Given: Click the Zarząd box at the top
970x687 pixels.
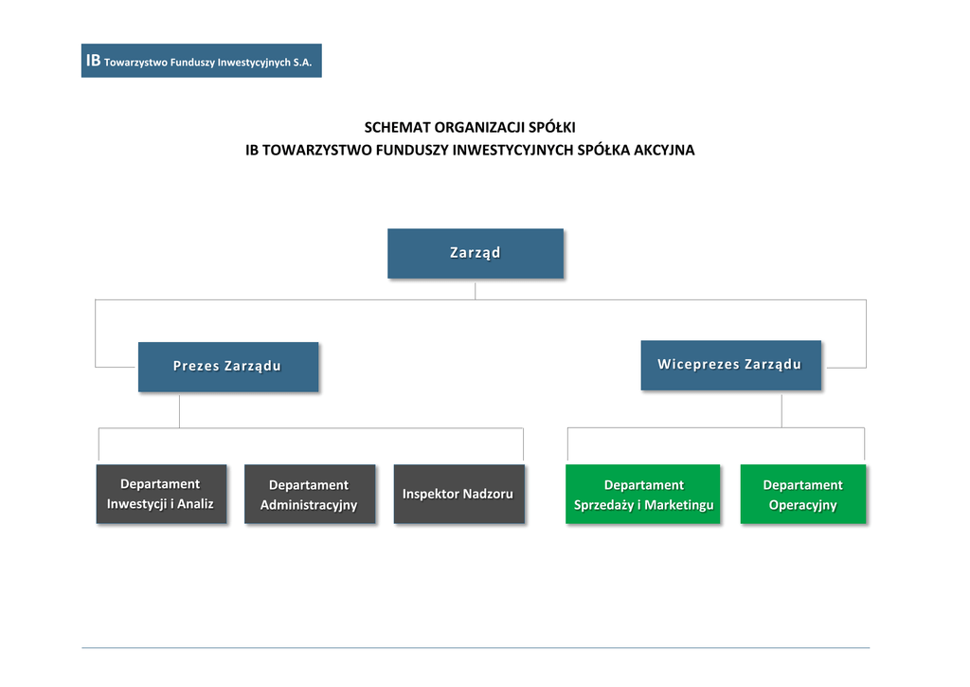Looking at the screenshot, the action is point(476,253).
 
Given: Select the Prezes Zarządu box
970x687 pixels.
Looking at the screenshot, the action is point(228,367).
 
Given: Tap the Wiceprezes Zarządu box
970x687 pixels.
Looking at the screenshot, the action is point(730,365).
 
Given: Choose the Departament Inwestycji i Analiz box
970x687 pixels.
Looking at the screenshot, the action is point(161,494).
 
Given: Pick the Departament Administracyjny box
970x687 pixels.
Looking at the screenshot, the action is point(310,494).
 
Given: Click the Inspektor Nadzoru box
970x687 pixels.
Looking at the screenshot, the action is point(459,494).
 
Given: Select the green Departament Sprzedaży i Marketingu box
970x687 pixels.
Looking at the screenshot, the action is point(643,494).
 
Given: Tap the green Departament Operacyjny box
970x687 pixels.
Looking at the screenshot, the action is point(803,494).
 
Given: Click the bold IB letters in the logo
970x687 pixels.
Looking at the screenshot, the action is point(94,61).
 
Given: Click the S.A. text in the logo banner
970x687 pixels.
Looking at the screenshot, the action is point(302,63).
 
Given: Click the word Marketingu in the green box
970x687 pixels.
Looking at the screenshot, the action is point(678,505).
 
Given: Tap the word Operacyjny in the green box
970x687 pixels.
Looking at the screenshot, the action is point(803,505).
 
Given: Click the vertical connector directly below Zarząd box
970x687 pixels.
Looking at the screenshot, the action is point(476,292).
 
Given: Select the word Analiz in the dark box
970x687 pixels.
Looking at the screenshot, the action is point(195,504).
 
